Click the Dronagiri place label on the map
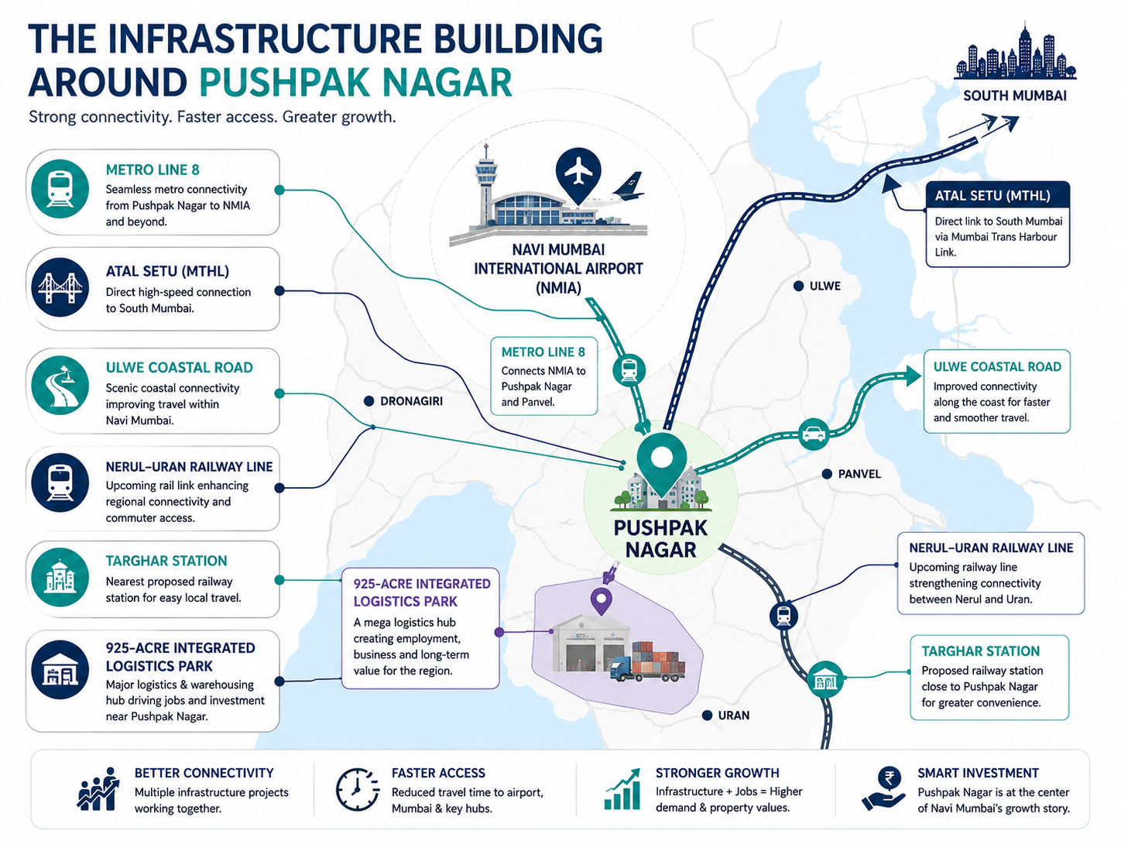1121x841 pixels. (x=412, y=401)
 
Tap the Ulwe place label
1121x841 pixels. (x=824, y=287)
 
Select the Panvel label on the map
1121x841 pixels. (x=859, y=475)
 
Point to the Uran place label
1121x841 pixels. (x=733, y=716)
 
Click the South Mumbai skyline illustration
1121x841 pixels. (x=1015, y=53)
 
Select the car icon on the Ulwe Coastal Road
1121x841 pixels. (x=813, y=434)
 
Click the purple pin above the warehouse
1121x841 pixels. (x=601, y=601)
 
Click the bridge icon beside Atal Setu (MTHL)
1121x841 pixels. (x=60, y=287)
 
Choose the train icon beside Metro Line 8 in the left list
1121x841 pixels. (x=60, y=189)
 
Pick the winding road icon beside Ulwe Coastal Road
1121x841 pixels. (x=60, y=385)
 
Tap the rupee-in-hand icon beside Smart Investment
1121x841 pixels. (x=884, y=788)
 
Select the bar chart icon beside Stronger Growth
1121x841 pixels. (x=622, y=789)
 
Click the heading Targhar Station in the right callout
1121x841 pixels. (x=981, y=651)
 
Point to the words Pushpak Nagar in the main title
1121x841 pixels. (x=355, y=83)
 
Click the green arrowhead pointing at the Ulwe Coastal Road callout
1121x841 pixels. (x=912, y=376)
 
